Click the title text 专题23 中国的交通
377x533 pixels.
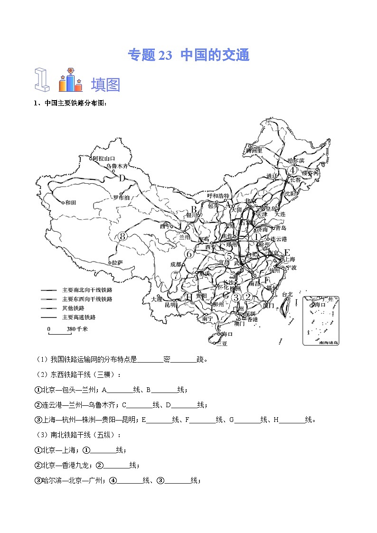coord(188,56)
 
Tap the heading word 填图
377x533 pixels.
coord(105,85)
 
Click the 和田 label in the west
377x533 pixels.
coord(70,203)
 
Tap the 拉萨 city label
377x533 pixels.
coord(117,262)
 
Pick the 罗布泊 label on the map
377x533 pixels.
coord(121,197)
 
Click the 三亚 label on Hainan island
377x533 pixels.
coord(222,344)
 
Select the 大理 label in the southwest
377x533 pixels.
coord(157,299)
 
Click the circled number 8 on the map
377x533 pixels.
coord(123,236)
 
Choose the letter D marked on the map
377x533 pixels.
coord(122,178)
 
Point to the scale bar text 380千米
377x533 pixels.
coord(75,329)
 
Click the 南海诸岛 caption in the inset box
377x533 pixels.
coord(329,342)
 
